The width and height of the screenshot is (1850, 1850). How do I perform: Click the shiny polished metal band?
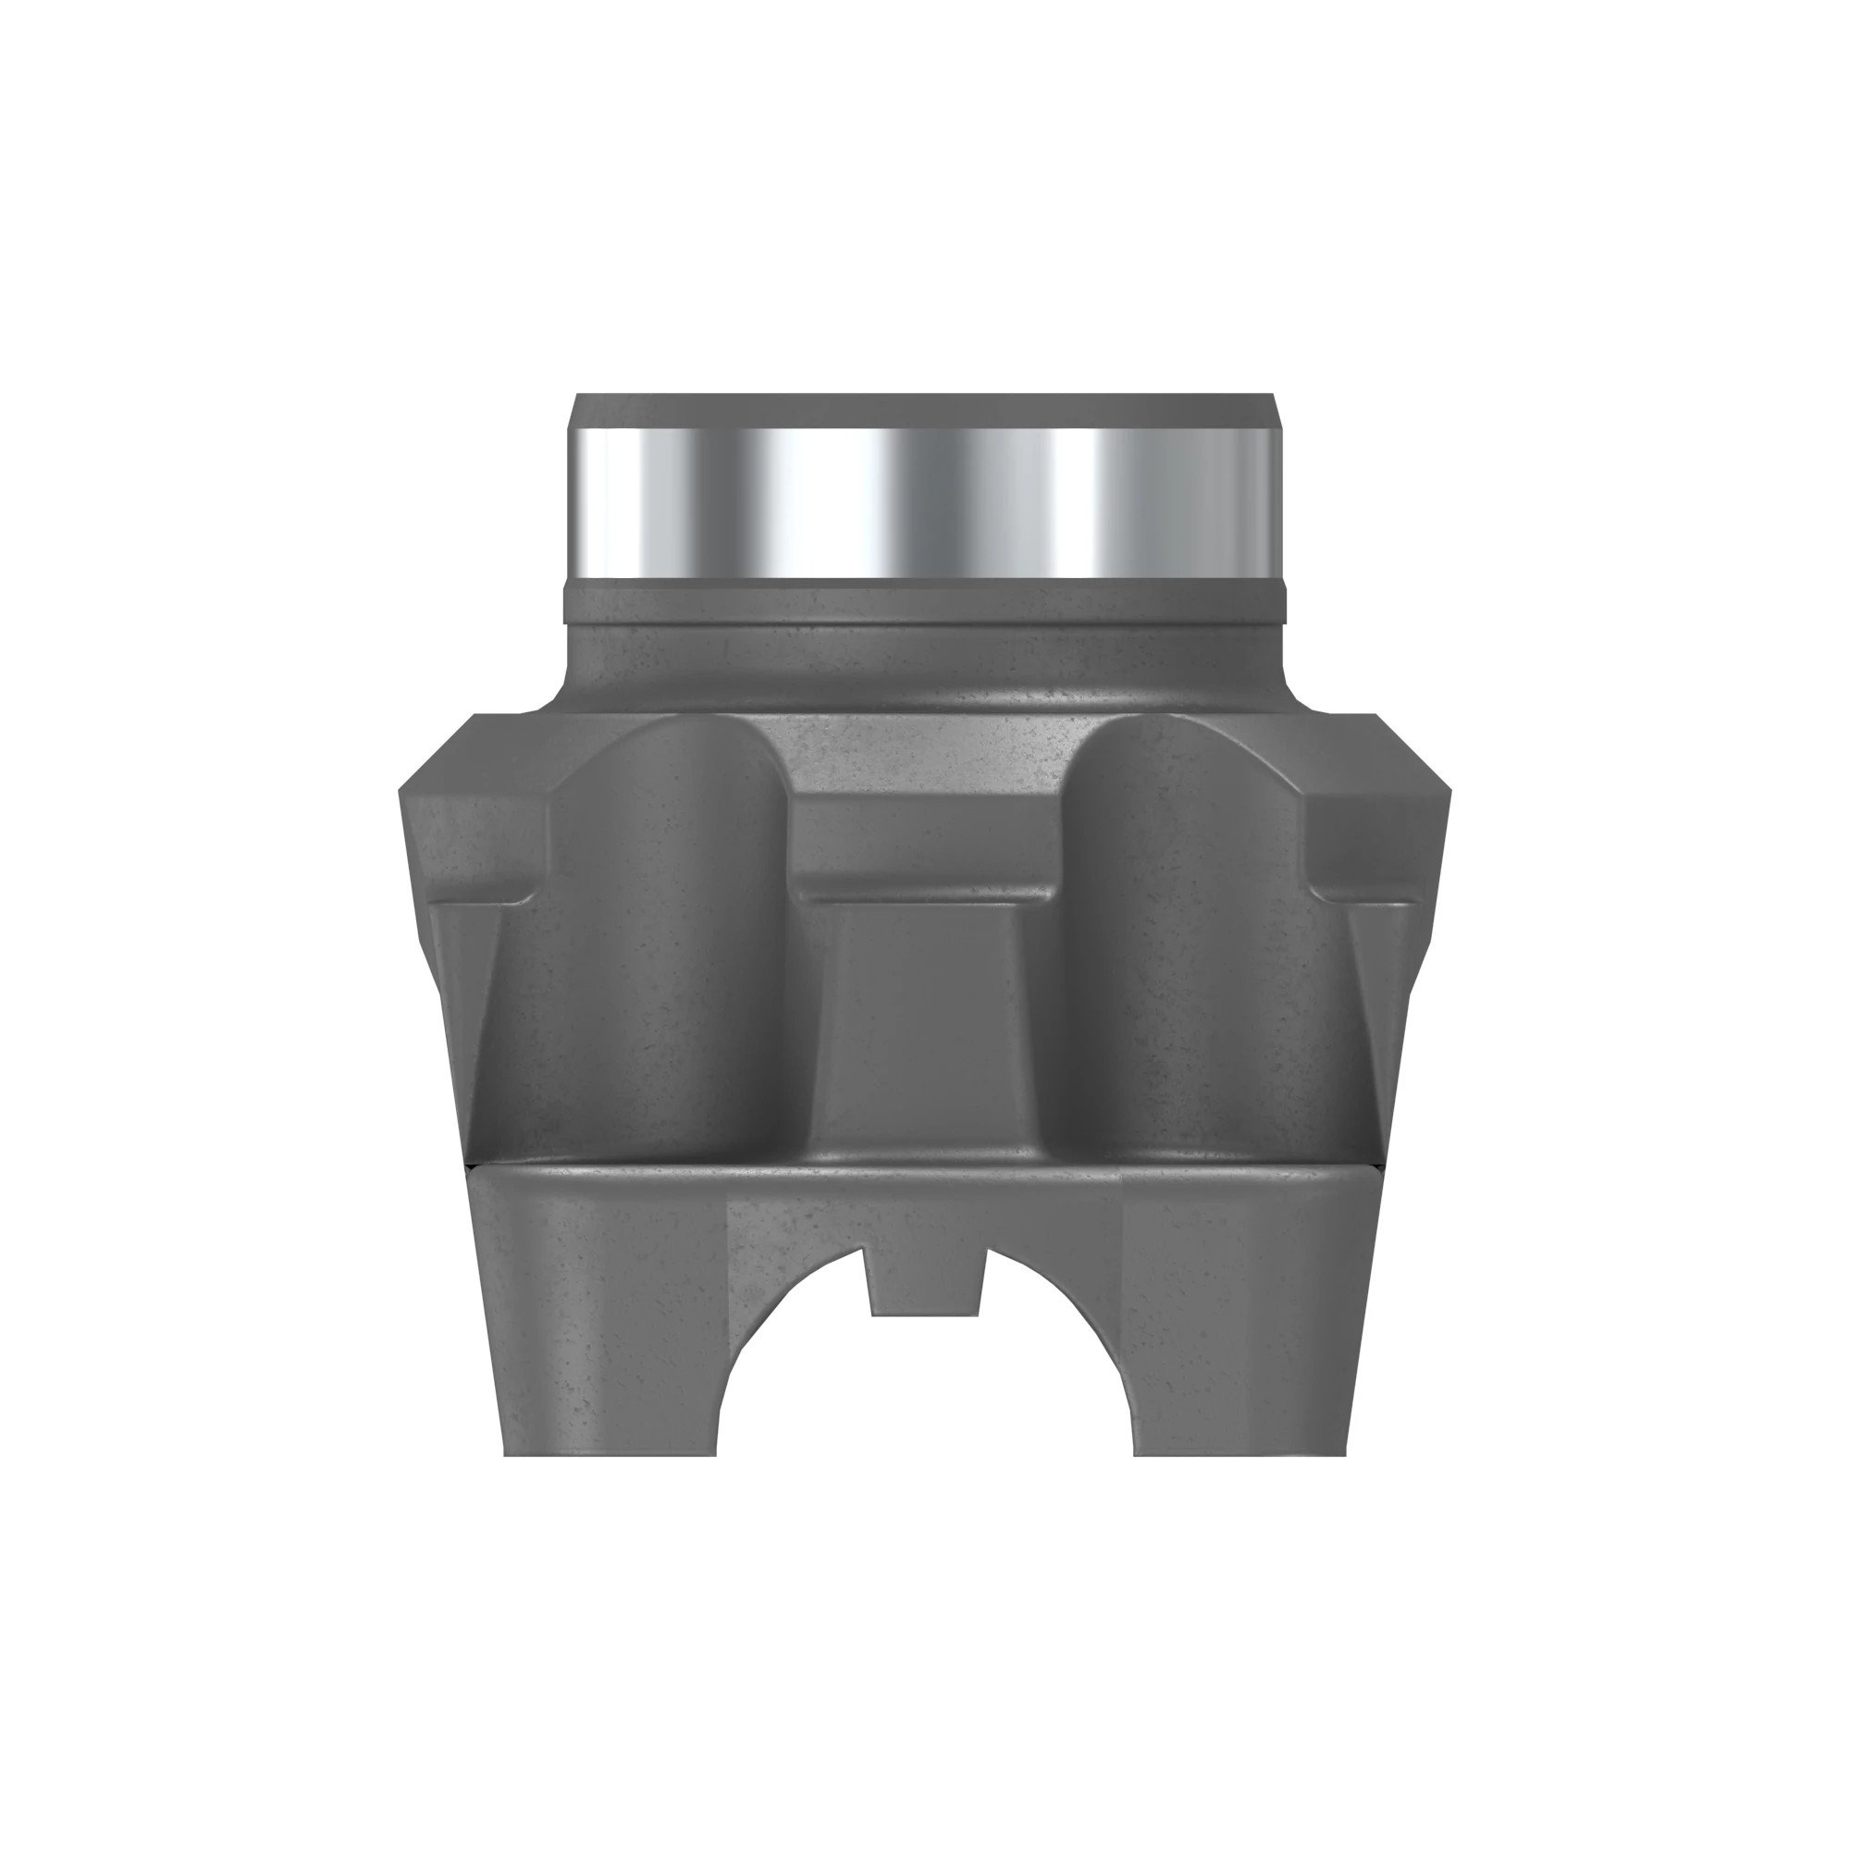coord(924,502)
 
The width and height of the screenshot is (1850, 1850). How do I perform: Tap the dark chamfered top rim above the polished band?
coord(924,410)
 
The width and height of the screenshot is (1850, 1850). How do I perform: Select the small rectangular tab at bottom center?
coord(925,1284)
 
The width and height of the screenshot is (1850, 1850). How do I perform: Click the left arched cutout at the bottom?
coord(790,1369)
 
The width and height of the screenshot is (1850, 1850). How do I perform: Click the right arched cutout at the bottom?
coord(1063,1369)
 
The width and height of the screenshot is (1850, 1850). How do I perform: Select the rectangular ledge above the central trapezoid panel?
coord(924,843)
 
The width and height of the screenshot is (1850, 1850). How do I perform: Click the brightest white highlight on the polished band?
coord(814,502)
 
